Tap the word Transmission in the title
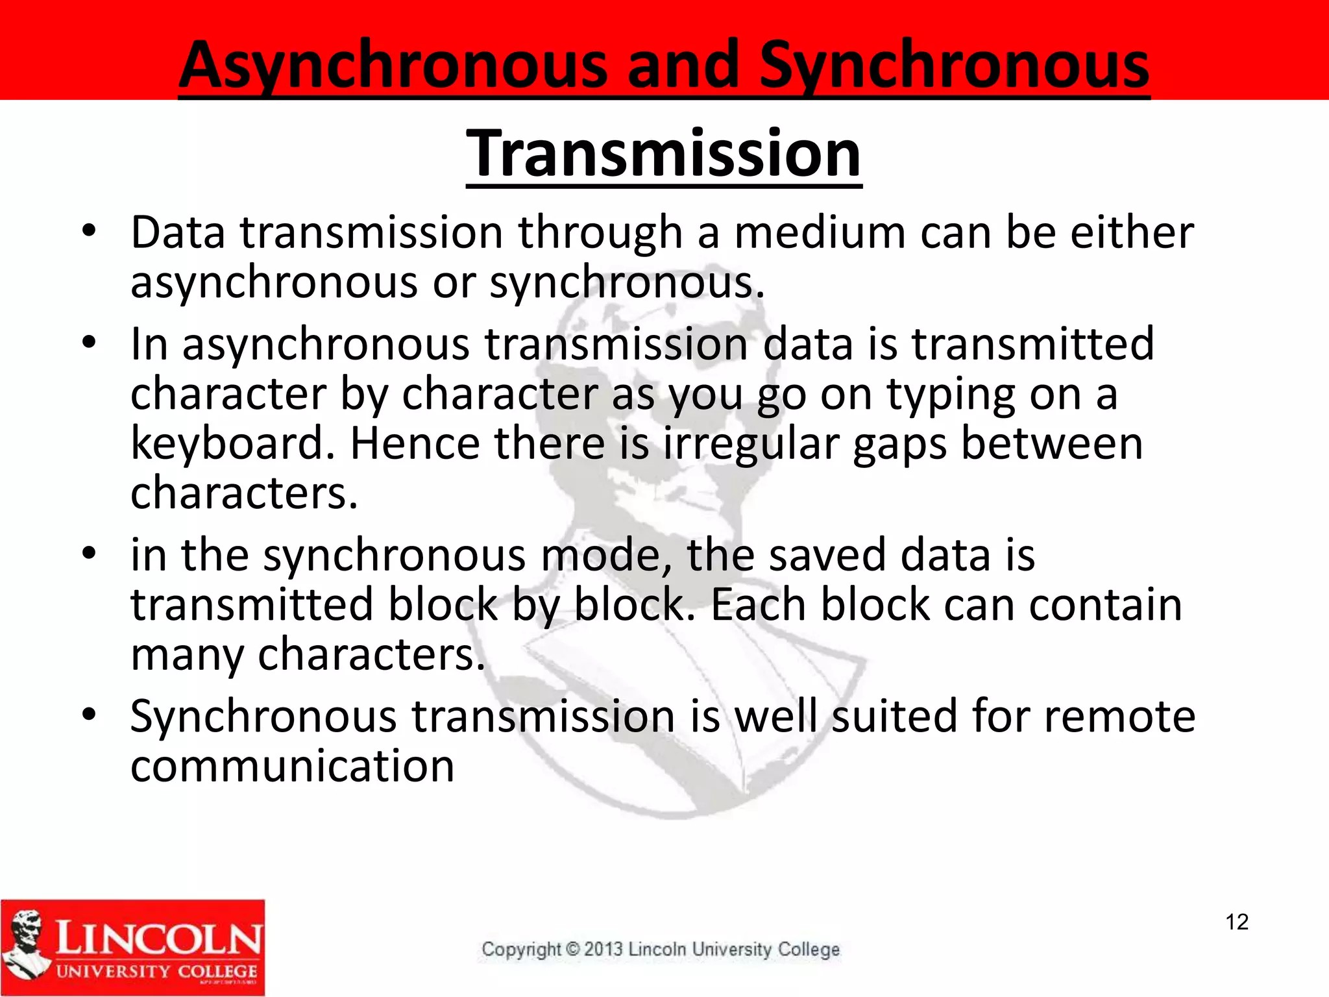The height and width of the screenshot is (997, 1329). (664, 154)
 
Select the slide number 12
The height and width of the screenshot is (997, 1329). (1237, 922)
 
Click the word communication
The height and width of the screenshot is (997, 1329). (292, 766)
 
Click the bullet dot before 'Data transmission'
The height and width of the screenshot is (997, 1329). (89, 230)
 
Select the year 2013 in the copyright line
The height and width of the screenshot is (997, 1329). (604, 949)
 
